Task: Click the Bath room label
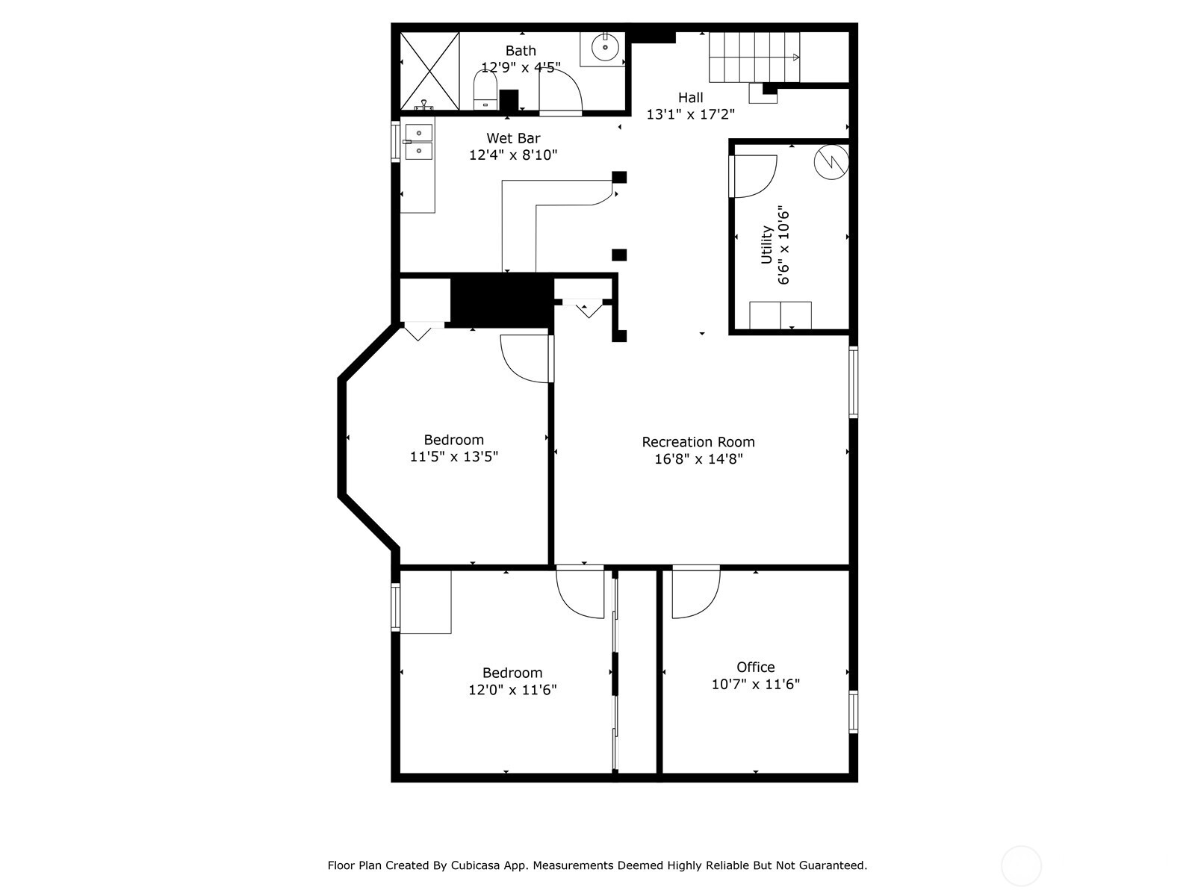point(521,51)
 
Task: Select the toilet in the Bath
point(485,90)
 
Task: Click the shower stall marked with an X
point(429,72)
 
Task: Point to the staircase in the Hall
point(754,57)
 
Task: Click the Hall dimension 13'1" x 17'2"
point(690,114)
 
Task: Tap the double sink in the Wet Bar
point(418,142)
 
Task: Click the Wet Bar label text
point(513,138)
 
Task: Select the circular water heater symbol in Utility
point(831,161)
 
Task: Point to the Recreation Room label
point(698,442)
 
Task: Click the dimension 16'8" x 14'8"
point(698,459)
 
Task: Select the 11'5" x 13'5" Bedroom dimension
point(453,456)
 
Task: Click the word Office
point(755,667)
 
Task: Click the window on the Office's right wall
point(853,712)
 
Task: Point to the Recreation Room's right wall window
point(853,382)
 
